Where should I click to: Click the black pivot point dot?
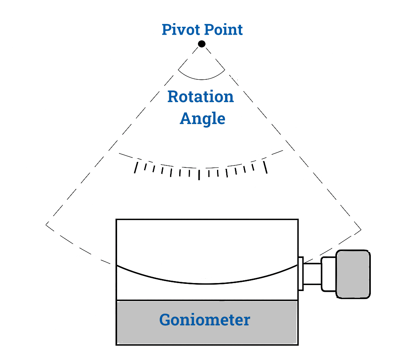(x=202, y=44)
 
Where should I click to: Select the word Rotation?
(x=200, y=97)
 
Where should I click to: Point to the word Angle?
(x=202, y=118)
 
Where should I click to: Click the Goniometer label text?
(x=205, y=320)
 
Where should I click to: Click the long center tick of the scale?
(x=199, y=174)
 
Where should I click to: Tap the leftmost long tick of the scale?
(x=136, y=167)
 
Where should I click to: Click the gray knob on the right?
(x=353, y=274)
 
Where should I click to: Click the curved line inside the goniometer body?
(x=207, y=283)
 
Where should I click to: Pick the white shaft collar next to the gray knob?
(x=329, y=274)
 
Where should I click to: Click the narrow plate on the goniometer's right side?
(x=301, y=273)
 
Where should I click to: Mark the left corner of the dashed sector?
(x=47, y=224)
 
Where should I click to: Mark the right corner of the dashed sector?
(x=361, y=230)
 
